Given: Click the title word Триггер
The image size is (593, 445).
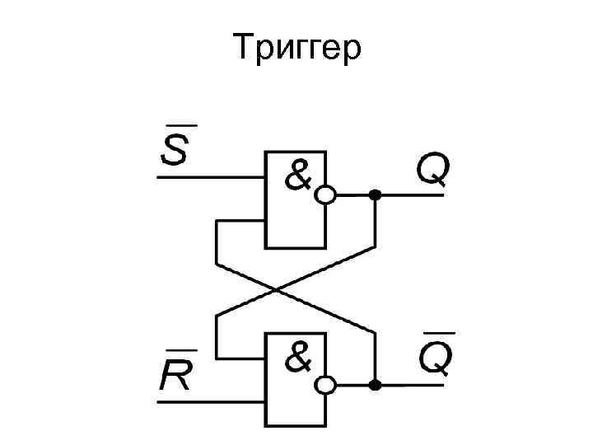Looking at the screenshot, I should [296, 49].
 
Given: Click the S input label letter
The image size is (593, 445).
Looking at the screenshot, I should [173, 149].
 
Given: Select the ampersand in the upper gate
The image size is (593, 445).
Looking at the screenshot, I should [299, 174].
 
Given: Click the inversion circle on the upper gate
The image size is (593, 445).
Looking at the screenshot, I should [326, 195].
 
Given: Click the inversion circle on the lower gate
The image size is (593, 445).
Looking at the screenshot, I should [326, 384].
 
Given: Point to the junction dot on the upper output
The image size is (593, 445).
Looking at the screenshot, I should [375, 195].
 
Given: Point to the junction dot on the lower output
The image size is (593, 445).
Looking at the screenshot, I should [375, 384].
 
